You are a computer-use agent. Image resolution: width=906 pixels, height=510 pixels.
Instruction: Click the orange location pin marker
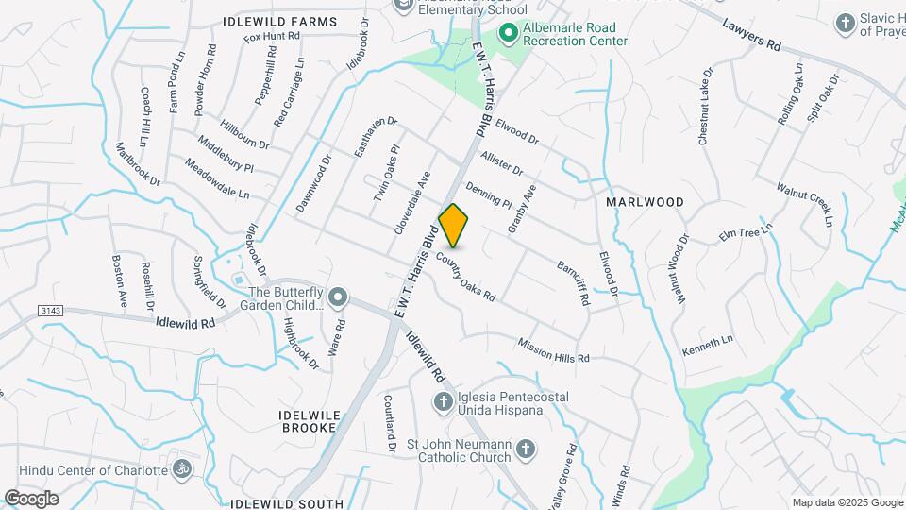coord(454,225)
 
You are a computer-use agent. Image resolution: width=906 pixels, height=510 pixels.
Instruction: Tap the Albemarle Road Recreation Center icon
coord(509,34)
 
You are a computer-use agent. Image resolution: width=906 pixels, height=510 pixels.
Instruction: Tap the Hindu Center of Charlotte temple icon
coord(179,467)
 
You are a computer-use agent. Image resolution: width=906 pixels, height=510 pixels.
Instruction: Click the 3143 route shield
coord(50,311)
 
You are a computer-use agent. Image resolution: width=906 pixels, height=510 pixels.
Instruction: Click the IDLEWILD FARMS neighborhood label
coord(279,21)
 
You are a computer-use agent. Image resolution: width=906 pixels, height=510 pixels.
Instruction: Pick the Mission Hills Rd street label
coord(553,350)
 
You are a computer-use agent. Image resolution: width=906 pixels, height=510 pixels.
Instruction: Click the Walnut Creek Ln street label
coord(805,203)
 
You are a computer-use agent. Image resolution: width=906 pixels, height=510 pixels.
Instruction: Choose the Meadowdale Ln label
coord(217,179)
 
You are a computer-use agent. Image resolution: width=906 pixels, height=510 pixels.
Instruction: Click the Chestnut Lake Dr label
coord(707,106)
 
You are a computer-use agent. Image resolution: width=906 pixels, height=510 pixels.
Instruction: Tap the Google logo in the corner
coord(31,499)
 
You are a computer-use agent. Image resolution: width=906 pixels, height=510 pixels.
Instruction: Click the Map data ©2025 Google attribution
coord(847,502)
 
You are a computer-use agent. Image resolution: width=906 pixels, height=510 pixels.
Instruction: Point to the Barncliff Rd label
coord(574,283)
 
